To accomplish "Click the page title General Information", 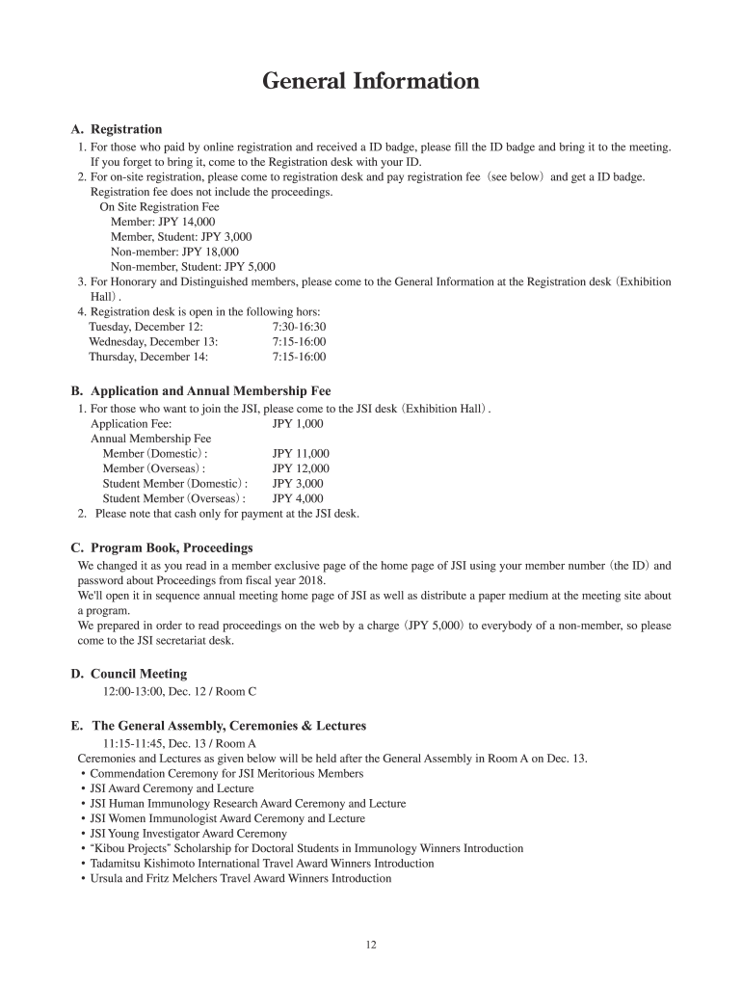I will (371, 81).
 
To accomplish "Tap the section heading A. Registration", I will (117, 129).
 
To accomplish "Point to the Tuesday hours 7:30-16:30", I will (299, 327).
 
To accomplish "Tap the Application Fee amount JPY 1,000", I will (298, 423).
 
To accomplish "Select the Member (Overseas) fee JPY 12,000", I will (301, 468).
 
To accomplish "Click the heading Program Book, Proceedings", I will (172, 547).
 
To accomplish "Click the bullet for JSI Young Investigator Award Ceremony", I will (84, 834).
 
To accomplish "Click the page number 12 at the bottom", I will (371, 945).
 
